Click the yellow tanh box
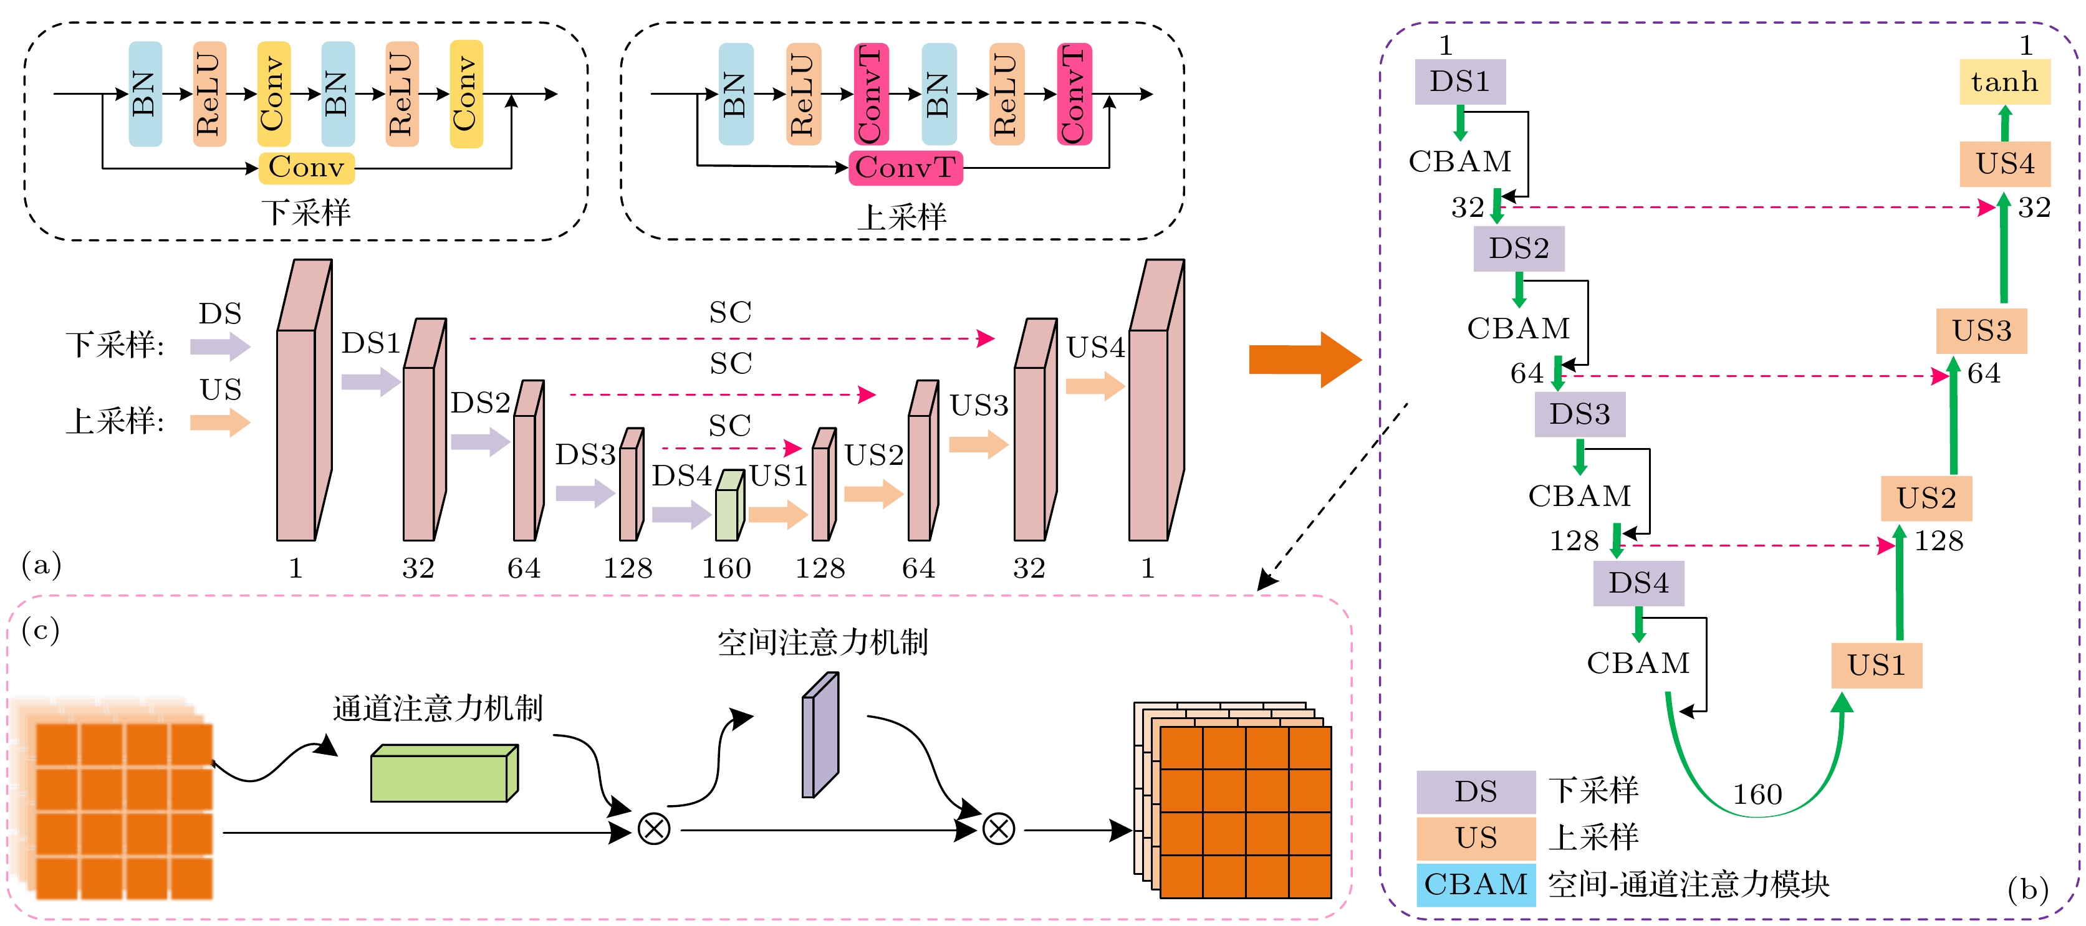pyautogui.click(x=2004, y=82)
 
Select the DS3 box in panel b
pyautogui.click(x=1579, y=414)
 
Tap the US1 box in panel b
pyautogui.click(x=1877, y=666)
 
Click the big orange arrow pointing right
pyautogui.click(x=1304, y=360)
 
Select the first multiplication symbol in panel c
pyautogui.click(x=653, y=829)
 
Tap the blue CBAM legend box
pyautogui.click(x=1476, y=884)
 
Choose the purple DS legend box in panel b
pyautogui.click(x=1476, y=791)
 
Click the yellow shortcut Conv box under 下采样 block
pyautogui.click(x=306, y=168)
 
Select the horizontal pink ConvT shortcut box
pyautogui.click(x=905, y=168)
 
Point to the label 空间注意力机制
pyautogui.click(x=822, y=642)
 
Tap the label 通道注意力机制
pyautogui.click(x=437, y=709)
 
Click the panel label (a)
pyautogui.click(x=41, y=564)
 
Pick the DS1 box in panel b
pyautogui.click(x=1460, y=82)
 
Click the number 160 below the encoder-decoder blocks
pyautogui.click(x=726, y=568)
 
